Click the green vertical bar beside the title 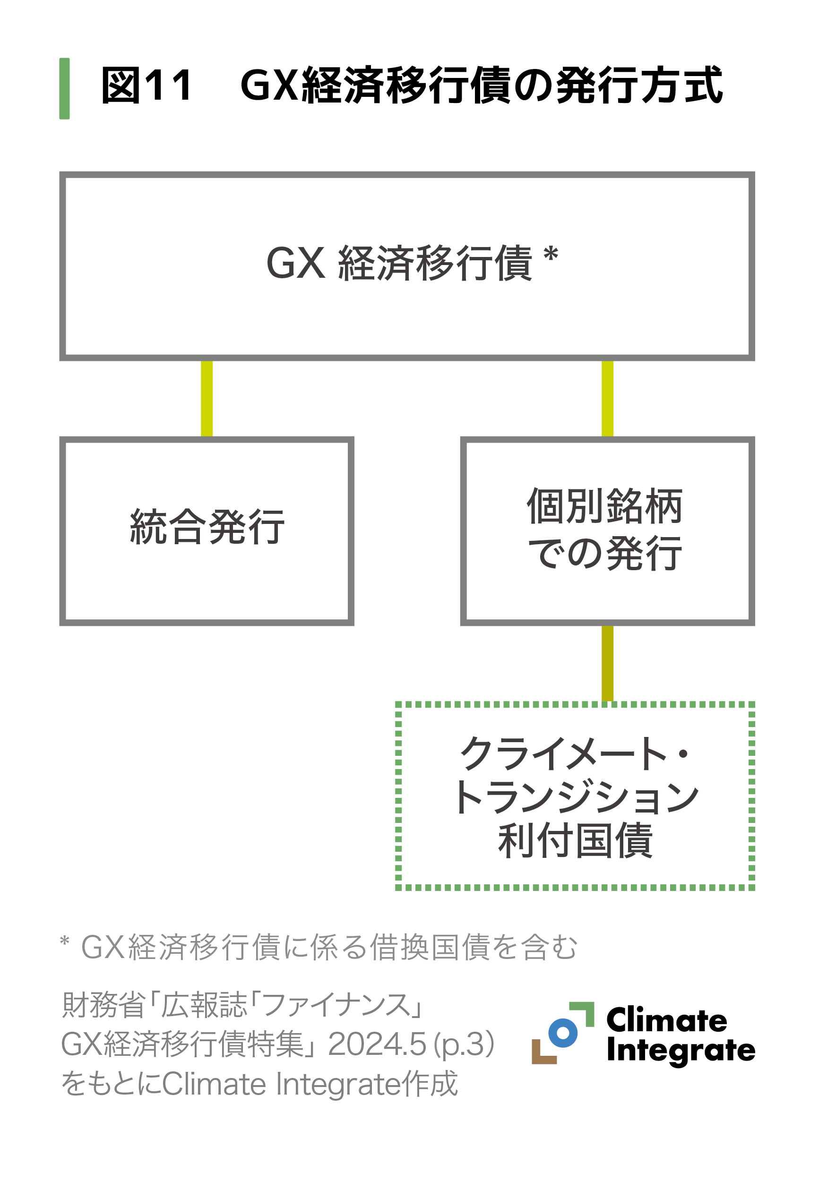64,88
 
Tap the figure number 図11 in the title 146,86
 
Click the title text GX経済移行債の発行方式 481,86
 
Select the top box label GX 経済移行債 399,263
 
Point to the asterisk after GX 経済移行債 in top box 550,255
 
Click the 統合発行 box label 207,527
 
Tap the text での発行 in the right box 605,554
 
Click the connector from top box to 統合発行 207,398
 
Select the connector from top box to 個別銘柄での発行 607,398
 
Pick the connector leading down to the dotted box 607,664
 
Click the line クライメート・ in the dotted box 574,754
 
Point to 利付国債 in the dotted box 575,841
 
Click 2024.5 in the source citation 377,1044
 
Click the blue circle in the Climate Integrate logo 563,1032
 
